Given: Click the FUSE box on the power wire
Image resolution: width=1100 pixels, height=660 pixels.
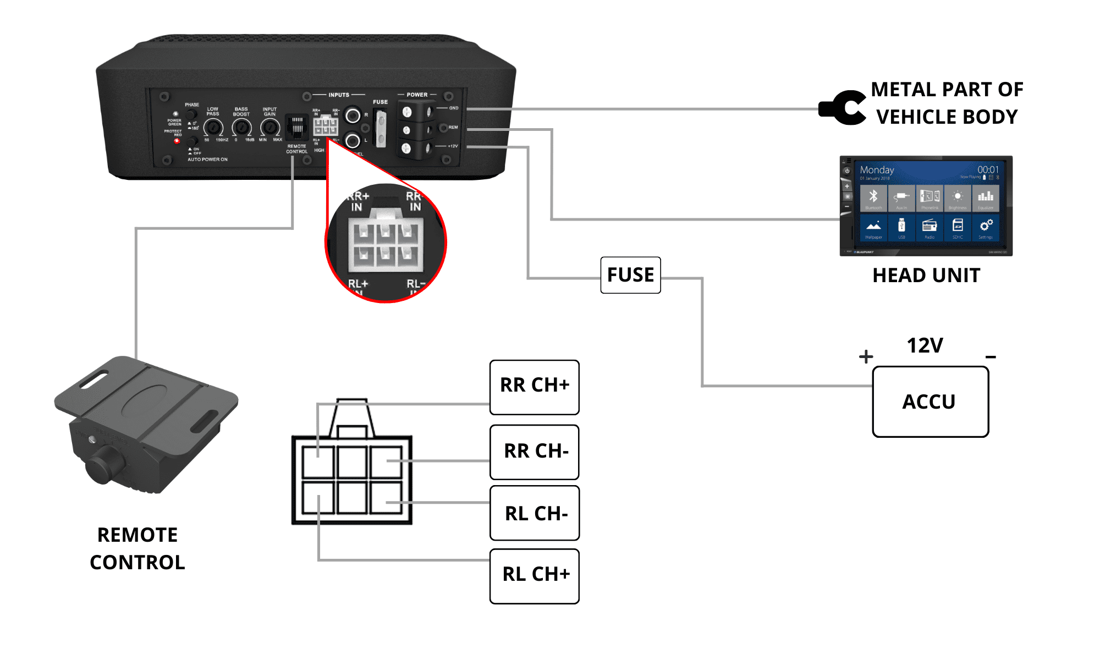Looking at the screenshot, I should coord(630,275).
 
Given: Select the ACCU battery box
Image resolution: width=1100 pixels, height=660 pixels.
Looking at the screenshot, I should coord(930,402).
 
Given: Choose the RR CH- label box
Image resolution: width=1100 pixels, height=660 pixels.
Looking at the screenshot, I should coord(534,452).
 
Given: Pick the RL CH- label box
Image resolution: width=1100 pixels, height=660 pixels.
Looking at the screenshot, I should coord(534,513).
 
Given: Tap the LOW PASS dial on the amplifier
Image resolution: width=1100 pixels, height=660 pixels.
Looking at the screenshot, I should coord(213,128).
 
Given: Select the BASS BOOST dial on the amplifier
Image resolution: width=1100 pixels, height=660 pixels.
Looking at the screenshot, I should coord(241,128).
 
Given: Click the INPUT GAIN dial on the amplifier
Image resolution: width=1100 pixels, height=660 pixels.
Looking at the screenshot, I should coord(269,128).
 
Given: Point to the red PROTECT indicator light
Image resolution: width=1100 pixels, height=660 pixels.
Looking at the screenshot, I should coord(177,141).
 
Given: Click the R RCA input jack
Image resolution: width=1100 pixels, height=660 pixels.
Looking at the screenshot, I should coord(353,116).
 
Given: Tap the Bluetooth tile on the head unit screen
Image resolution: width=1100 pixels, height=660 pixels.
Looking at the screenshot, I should coord(873,197).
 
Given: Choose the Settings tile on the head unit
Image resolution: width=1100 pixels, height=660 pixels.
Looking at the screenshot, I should coord(986,227).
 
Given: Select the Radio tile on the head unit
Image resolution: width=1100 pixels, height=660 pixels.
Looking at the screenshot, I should coord(930,227).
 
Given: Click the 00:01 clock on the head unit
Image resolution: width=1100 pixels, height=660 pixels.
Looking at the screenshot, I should coord(988,170).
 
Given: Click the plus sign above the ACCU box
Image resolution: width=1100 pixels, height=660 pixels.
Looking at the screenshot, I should coord(866,356).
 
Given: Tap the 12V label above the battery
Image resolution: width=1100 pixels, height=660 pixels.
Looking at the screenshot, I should coord(925,346).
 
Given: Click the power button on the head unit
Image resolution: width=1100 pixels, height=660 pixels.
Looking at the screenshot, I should coord(847,171).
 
